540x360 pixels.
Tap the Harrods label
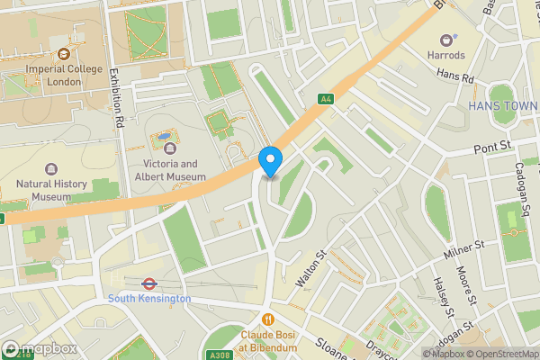click(x=446, y=55)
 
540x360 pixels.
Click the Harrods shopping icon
click(x=446, y=40)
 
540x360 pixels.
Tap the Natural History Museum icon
click(x=50, y=169)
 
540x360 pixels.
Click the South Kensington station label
click(x=149, y=298)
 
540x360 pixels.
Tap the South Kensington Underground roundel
click(x=149, y=283)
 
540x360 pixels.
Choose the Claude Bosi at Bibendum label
click(x=267, y=338)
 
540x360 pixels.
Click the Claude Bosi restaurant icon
click(x=267, y=319)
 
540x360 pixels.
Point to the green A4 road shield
click(x=325, y=99)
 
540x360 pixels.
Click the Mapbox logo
click(x=39, y=348)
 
